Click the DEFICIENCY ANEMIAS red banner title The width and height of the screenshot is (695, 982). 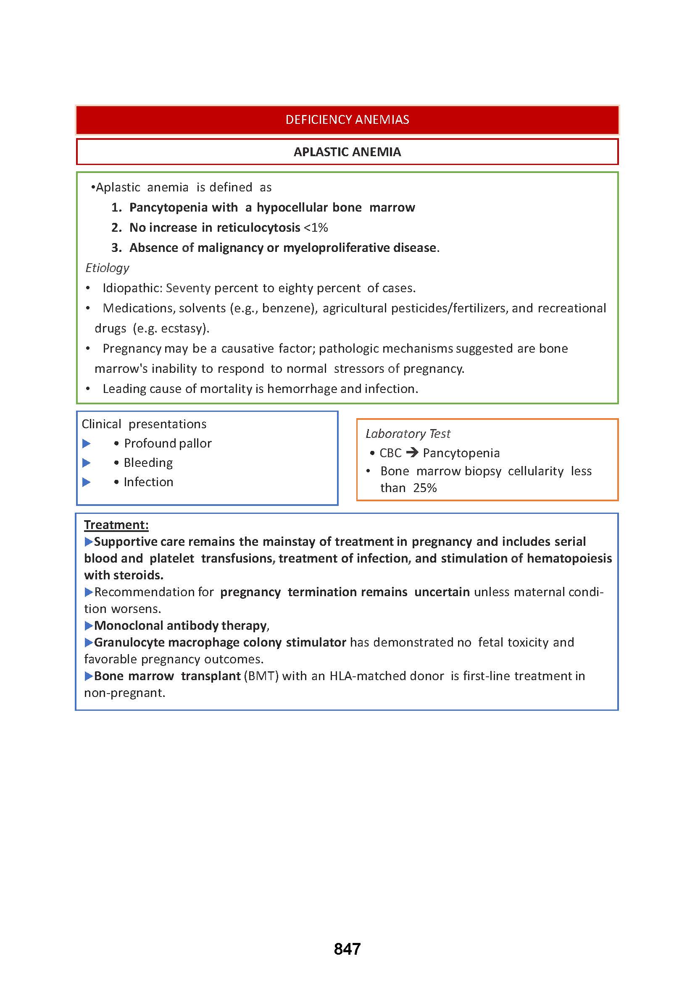click(x=347, y=120)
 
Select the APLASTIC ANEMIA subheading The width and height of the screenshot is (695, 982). click(x=347, y=152)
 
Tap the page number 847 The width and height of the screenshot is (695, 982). click(x=347, y=949)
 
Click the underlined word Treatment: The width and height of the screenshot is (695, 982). click(x=116, y=525)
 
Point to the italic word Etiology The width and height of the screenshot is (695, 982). click(x=107, y=268)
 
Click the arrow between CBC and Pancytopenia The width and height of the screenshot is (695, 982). click(x=412, y=452)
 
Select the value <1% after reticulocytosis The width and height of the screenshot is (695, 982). click(x=316, y=228)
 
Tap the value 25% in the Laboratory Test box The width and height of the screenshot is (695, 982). click(x=424, y=488)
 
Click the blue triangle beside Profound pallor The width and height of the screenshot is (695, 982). click(x=87, y=443)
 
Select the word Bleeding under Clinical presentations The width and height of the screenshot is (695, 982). click(x=148, y=463)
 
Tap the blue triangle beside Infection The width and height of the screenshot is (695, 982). click(x=87, y=482)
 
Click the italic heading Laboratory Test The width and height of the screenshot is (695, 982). click(x=408, y=434)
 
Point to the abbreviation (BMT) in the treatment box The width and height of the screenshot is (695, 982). click(x=261, y=676)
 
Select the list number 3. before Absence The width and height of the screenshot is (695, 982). click(x=116, y=248)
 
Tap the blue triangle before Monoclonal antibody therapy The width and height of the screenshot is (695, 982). click(x=89, y=626)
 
